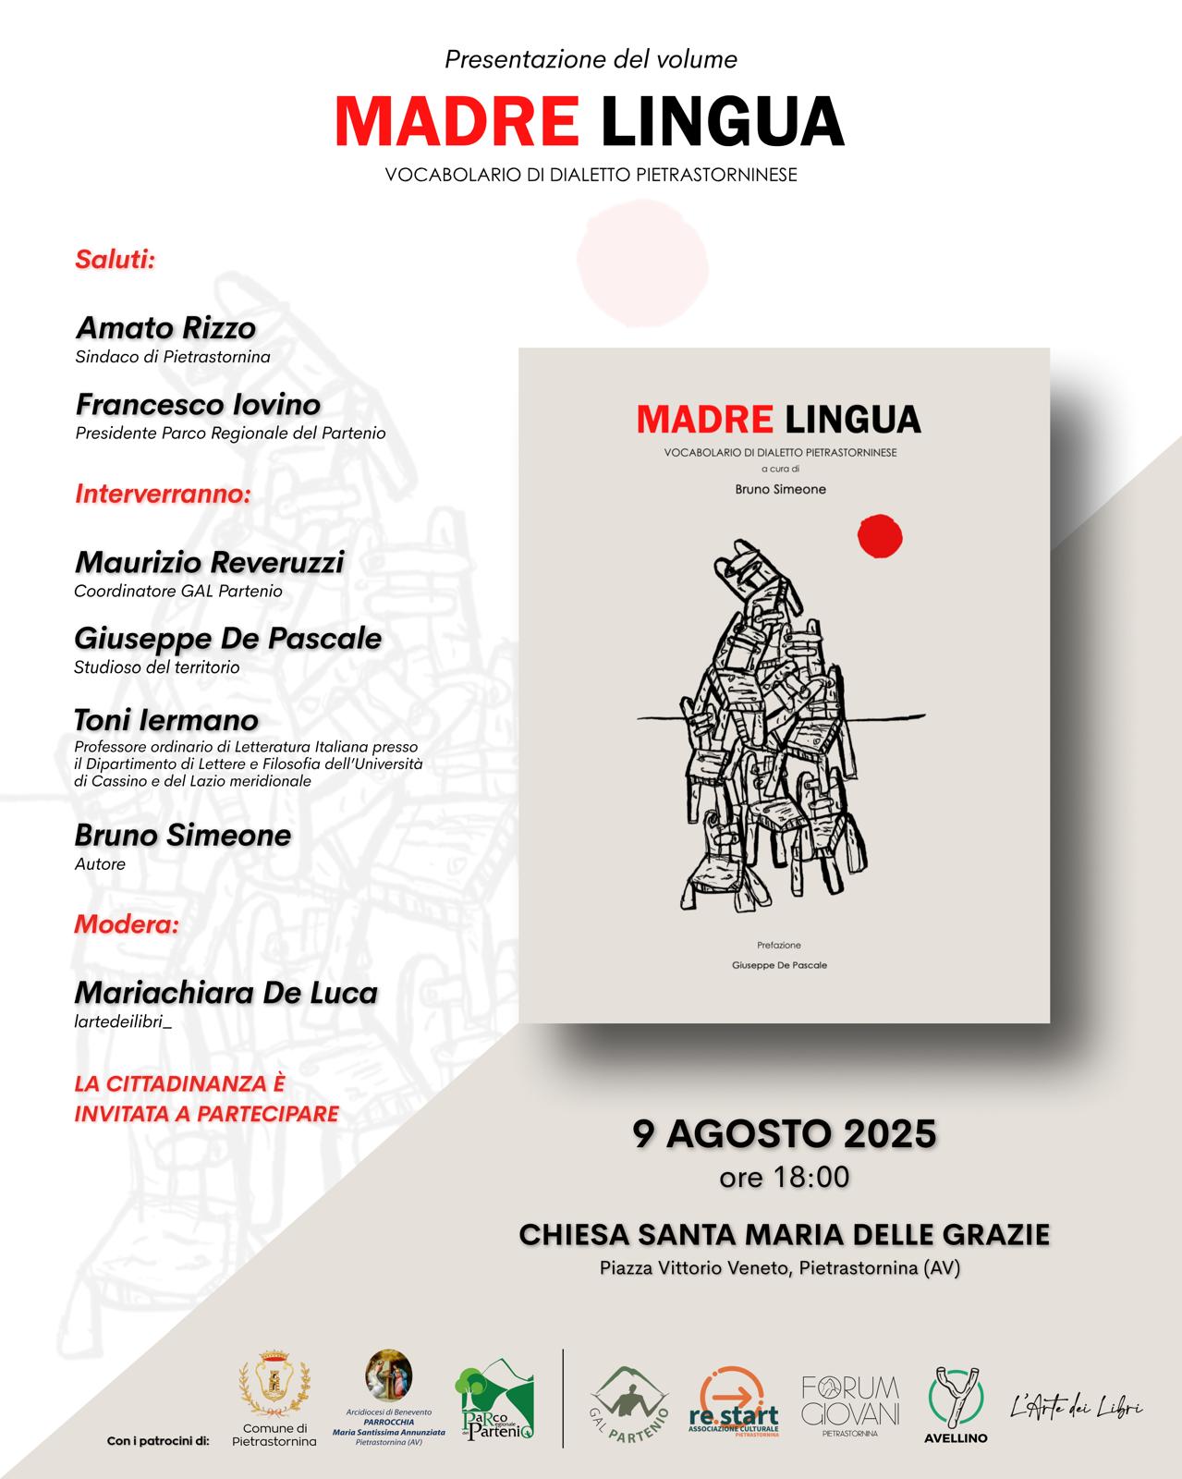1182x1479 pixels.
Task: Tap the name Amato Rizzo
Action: pyautogui.click(x=165, y=328)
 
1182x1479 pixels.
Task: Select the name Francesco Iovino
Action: pyautogui.click(x=198, y=405)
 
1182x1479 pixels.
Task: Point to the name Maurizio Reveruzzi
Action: pyautogui.click(x=209, y=562)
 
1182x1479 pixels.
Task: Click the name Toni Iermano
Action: pyautogui.click(x=166, y=720)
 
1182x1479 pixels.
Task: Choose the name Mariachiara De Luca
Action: pyautogui.click(x=225, y=993)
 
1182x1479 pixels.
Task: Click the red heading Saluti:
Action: pyautogui.click(x=115, y=259)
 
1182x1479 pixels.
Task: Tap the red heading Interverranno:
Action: pyautogui.click(x=163, y=494)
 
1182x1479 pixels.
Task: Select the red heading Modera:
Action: pyautogui.click(x=127, y=924)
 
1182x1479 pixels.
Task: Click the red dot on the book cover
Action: pyautogui.click(x=880, y=536)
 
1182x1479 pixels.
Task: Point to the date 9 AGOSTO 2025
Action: pyautogui.click(x=784, y=1133)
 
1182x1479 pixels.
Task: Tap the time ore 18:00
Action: pyautogui.click(x=784, y=1178)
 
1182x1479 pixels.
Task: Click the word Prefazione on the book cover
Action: pyautogui.click(x=778, y=946)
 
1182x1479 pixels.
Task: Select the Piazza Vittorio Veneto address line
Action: pyautogui.click(x=780, y=1268)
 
